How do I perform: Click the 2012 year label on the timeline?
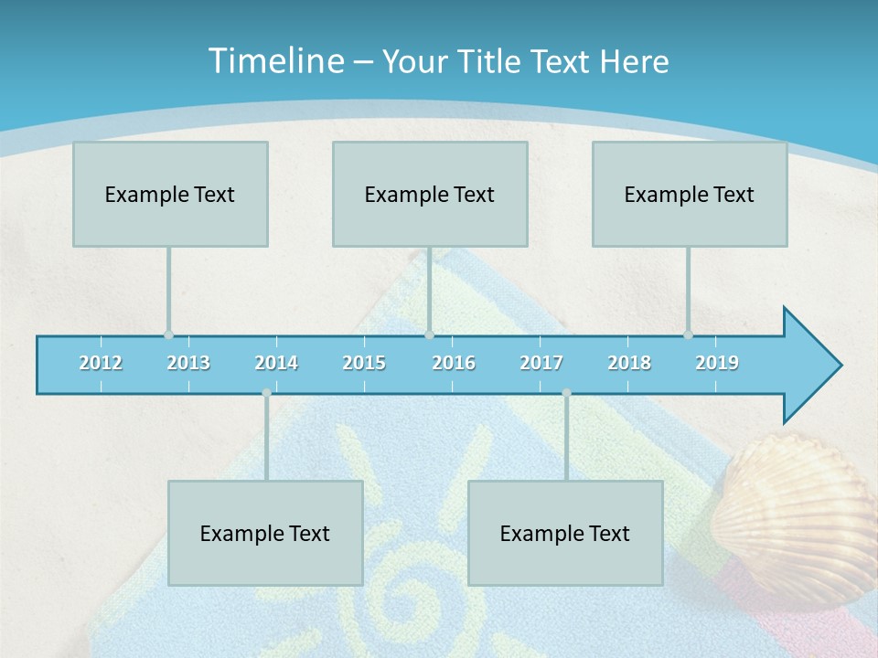click(x=101, y=363)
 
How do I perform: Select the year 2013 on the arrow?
click(x=188, y=363)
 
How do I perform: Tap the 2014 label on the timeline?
click(x=276, y=363)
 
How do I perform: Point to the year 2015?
click(x=364, y=363)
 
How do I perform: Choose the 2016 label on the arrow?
click(x=454, y=363)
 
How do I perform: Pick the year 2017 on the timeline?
click(x=541, y=363)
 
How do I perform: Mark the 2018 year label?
click(x=629, y=363)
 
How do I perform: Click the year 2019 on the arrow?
click(x=717, y=363)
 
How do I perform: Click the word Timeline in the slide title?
click(x=274, y=61)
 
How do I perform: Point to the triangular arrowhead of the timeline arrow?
click(x=809, y=366)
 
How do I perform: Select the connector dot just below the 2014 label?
click(x=266, y=393)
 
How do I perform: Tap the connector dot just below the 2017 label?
click(x=566, y=393)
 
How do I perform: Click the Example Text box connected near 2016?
click(x=430, y=194)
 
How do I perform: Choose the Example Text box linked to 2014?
click(x=265, y=533)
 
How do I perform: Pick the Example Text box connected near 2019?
click(x=690, y=194)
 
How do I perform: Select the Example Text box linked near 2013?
click(x=170, y=194)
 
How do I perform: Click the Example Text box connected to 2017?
click(x=565, y=533)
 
